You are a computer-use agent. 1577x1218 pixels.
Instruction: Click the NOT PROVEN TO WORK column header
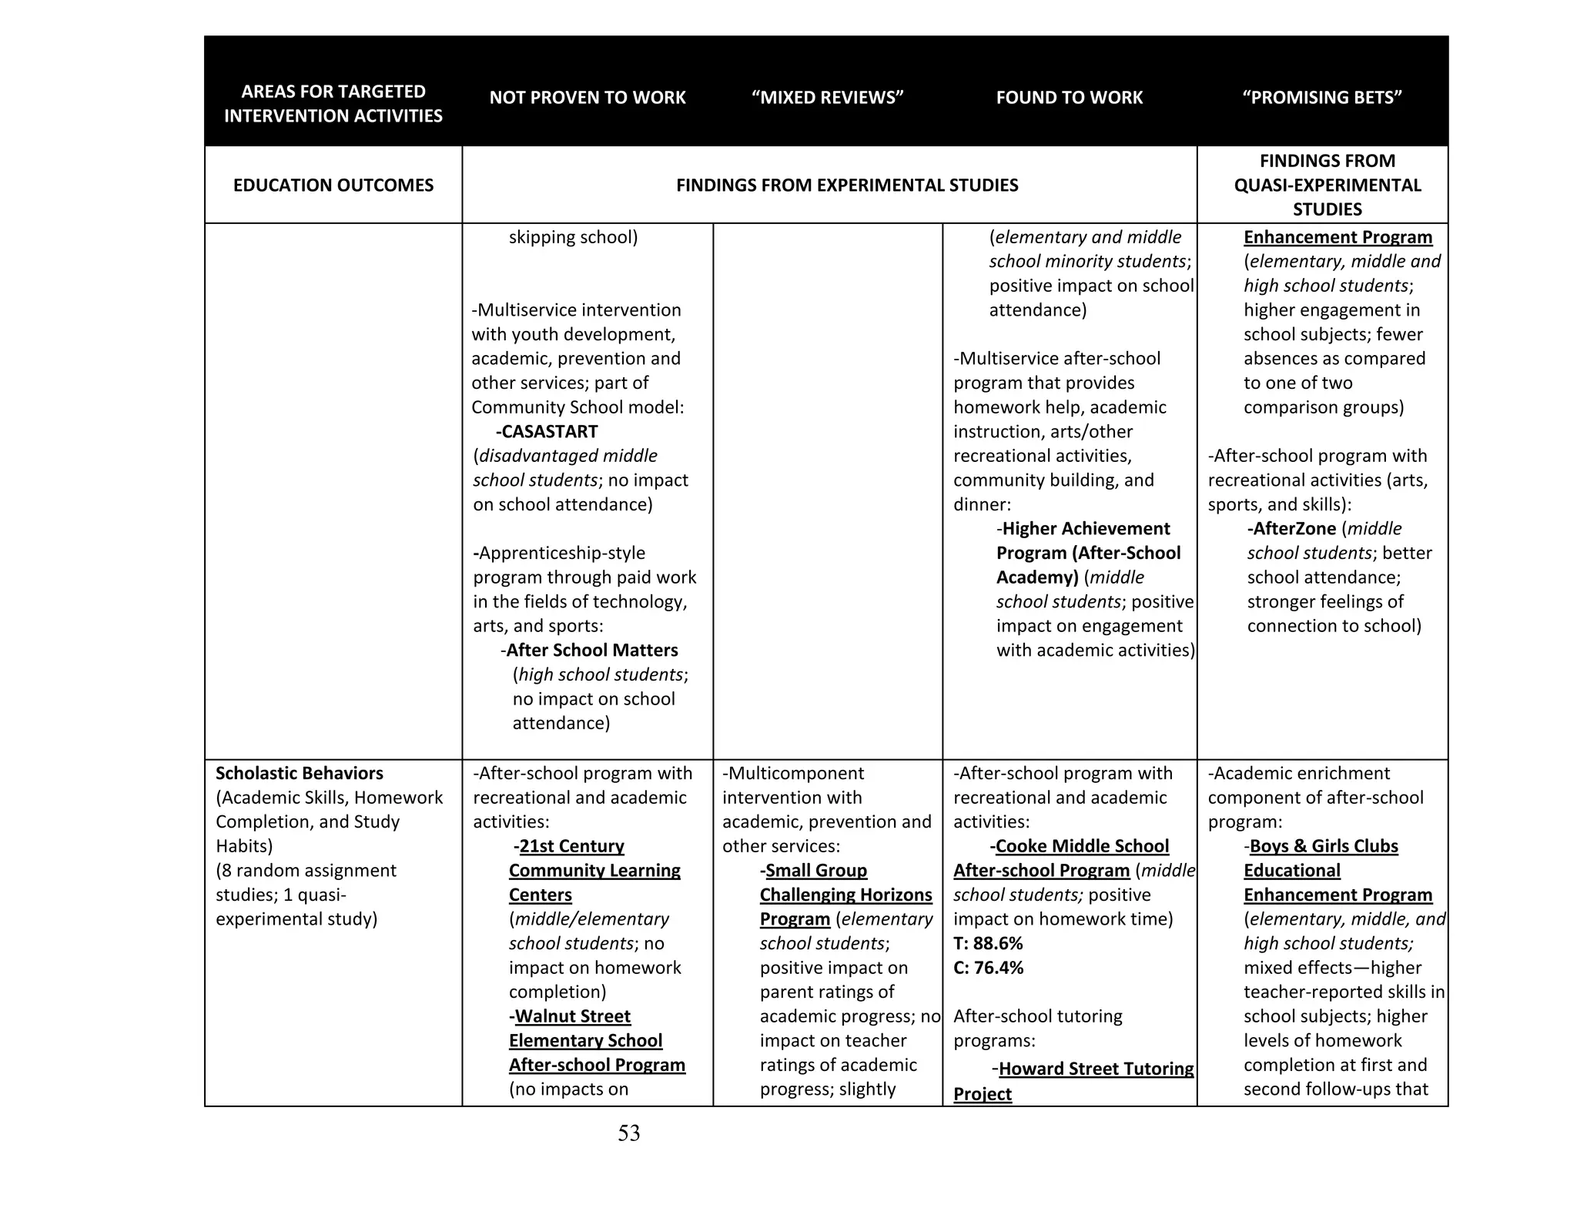click(x=587, y=98)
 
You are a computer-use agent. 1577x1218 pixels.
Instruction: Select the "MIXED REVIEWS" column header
click(x=827, y=98)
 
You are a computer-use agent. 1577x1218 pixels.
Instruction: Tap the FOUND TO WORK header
click(x=1069, y=98)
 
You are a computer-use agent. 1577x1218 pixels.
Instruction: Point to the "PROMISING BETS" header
click(x=1321, y=98)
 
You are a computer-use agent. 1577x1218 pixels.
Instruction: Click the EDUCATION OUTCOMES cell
click(x=333, y=186)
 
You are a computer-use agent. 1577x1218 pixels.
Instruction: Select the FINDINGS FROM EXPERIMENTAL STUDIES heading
click(x=846, y=186)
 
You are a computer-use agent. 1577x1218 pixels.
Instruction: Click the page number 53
click(x=628, y=1133)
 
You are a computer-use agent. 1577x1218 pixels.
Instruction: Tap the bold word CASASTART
click(x=549, y=432)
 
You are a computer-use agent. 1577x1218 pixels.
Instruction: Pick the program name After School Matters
click(x=591, y=651)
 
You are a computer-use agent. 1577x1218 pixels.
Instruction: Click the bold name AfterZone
click(x=1294, y=529)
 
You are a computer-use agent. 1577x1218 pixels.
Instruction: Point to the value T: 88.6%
click(x=988, y=944)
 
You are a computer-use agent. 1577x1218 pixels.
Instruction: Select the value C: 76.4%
click(x=988, y=968)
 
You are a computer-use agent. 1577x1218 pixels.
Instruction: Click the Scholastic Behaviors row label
click(x=299, y=774)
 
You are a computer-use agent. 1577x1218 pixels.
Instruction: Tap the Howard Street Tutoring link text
click(x=1096, y=1069)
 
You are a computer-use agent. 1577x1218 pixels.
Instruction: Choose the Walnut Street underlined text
click(x=572, y=1017)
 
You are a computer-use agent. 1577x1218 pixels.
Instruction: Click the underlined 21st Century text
click(x=571, y=847)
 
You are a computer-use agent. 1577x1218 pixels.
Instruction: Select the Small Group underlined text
click(x=815, y=871)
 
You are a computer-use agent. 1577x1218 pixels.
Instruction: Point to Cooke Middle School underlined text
click(x=1081, y=847)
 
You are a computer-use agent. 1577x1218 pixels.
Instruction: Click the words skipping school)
click(x=573, y=238)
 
